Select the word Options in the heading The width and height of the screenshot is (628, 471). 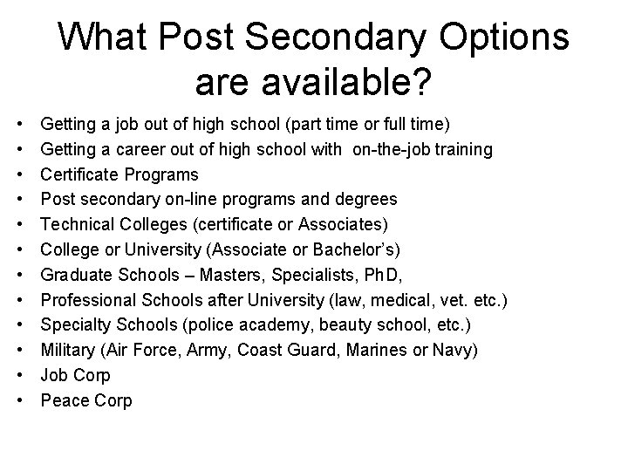pos(501,38)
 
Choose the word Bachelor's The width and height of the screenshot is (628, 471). pos(353,250)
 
